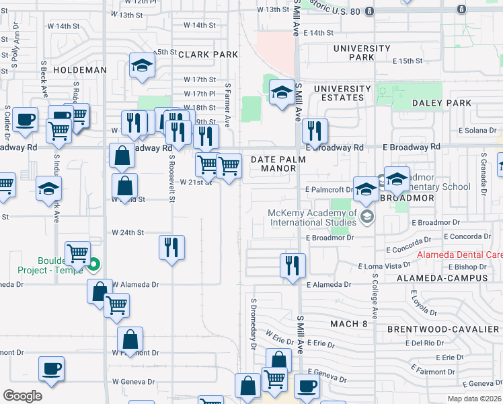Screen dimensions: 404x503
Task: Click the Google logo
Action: (22, 396)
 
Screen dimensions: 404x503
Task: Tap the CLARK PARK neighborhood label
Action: (208, 54)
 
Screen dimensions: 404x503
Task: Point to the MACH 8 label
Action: (349, 324)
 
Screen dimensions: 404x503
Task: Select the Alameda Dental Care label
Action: (459, 255)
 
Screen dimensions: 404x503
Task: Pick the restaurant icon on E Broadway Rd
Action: (314, 130)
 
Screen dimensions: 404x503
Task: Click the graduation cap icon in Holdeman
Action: (142, 65)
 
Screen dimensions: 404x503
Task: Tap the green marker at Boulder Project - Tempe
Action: (94, 265)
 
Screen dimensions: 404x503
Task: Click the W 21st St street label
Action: (196, 182)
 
